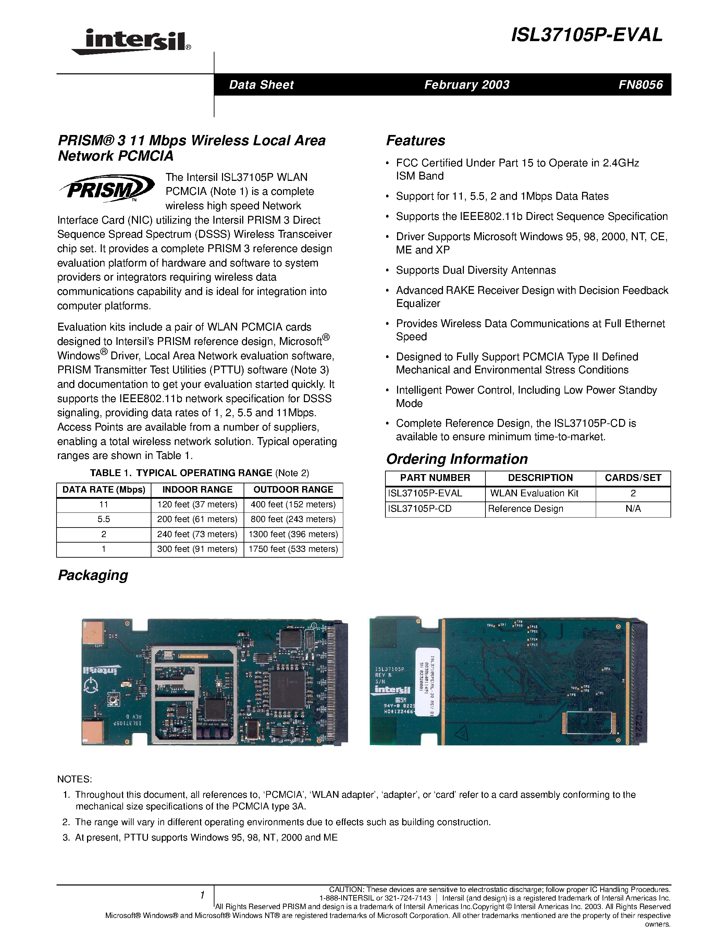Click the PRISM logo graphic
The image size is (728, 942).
point(107,188)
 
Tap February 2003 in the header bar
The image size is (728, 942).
point(467,85)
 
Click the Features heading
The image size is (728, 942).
point(415,140)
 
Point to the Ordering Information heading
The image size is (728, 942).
point(457,459)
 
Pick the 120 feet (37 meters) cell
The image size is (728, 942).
point(197,504)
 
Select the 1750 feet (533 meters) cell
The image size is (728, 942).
point(293,549)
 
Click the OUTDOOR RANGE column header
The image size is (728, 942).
point(293,489)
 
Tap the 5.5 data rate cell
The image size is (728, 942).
point(103,519)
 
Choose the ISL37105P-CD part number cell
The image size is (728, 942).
point(420,509)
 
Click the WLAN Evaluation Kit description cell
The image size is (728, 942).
point(534,493)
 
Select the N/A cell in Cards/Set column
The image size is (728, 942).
point(633,509)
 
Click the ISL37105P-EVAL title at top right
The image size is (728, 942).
point(587,35)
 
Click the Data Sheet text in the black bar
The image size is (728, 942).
point(261,85)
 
